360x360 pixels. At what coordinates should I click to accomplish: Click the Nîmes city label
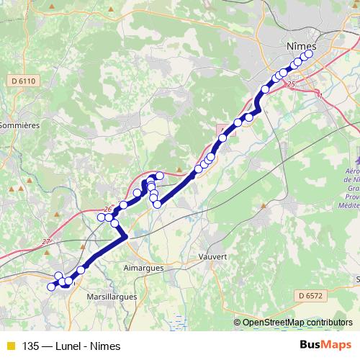click(301, 45)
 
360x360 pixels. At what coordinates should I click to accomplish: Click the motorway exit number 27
click(47, 242)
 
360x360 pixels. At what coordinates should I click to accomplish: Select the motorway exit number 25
click(291, 85)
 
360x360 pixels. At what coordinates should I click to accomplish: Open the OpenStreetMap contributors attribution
click(297, 322)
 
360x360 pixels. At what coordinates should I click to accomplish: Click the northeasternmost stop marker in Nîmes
click(310, 53)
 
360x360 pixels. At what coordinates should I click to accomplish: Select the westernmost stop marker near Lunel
click(51, 287)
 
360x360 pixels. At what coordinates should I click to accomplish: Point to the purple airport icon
click(358, 155)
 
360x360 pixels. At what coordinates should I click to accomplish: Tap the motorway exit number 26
click(109, 209)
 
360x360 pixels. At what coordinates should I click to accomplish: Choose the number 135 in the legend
click(31, 346)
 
